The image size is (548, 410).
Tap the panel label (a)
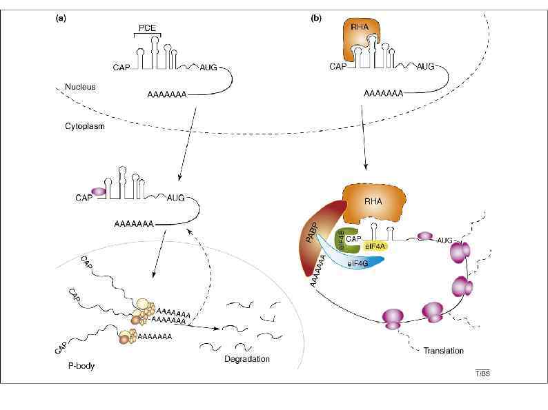(61, 19)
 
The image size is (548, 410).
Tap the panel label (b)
(317, 19)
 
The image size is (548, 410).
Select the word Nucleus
(79, 88)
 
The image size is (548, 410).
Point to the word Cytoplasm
(86, 127)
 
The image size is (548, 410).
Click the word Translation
(444, 350)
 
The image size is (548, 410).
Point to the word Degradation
(246, 359)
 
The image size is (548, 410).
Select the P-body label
(77, 366)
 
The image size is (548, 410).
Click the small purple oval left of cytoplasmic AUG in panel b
(423, 236)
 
